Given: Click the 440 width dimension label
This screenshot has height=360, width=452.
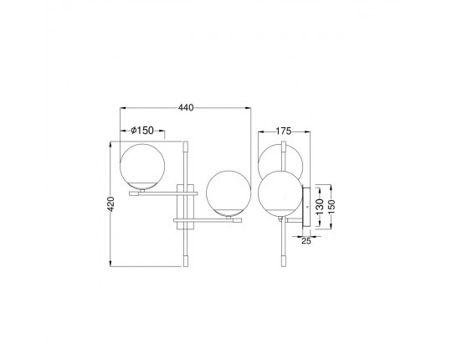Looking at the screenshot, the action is (x=186, y=108).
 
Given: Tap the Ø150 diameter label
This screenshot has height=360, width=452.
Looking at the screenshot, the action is (x=142, y=131).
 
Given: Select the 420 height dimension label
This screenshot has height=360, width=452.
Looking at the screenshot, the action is (x=111, y=203).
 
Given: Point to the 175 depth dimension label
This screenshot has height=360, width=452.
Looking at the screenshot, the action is (x=284, y=131).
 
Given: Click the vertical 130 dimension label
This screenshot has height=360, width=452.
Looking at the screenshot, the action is (x=320, y=207).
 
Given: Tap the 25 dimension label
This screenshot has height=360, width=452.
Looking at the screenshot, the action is (x=306, y=241).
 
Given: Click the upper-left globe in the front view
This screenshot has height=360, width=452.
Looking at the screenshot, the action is (x=142, y=167).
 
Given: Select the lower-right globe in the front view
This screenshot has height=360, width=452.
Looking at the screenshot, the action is (x=229, y=193).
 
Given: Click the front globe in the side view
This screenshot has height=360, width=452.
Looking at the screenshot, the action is (x=280, y=193).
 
